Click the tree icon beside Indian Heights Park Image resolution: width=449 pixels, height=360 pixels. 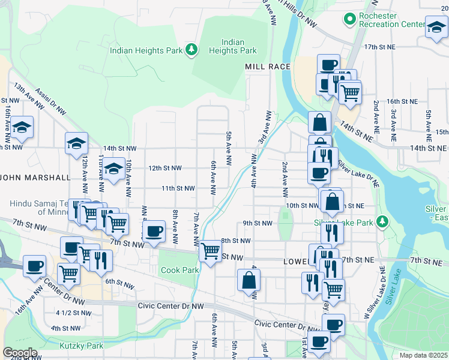pyautogui.click(x=191, y=49)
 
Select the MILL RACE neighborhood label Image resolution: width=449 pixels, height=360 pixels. pyautogui.click(x=267, y=67)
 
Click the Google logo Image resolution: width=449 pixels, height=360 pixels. pyautogui.click(x=20, y=352)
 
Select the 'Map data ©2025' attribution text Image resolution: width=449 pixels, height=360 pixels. pyautogui.click(x=423, y=355)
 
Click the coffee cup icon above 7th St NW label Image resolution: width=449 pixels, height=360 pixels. pyautogui.click(x=154, y=230)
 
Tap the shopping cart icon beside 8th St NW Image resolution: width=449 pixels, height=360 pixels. pyautogui.click(x=210, y=250)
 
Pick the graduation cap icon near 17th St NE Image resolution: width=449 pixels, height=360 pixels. pyautogui.click(x=436, y=28)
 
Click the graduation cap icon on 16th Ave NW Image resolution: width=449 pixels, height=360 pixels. pyautogui.click(x=22, y=127)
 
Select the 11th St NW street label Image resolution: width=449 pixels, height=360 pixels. pyautogui.click(x=178, y=188)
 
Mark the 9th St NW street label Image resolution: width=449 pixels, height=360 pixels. pyautogui.click(x=257, y=223)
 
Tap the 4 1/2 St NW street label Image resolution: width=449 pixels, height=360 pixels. pyautogui.click(x=73, y=313)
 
